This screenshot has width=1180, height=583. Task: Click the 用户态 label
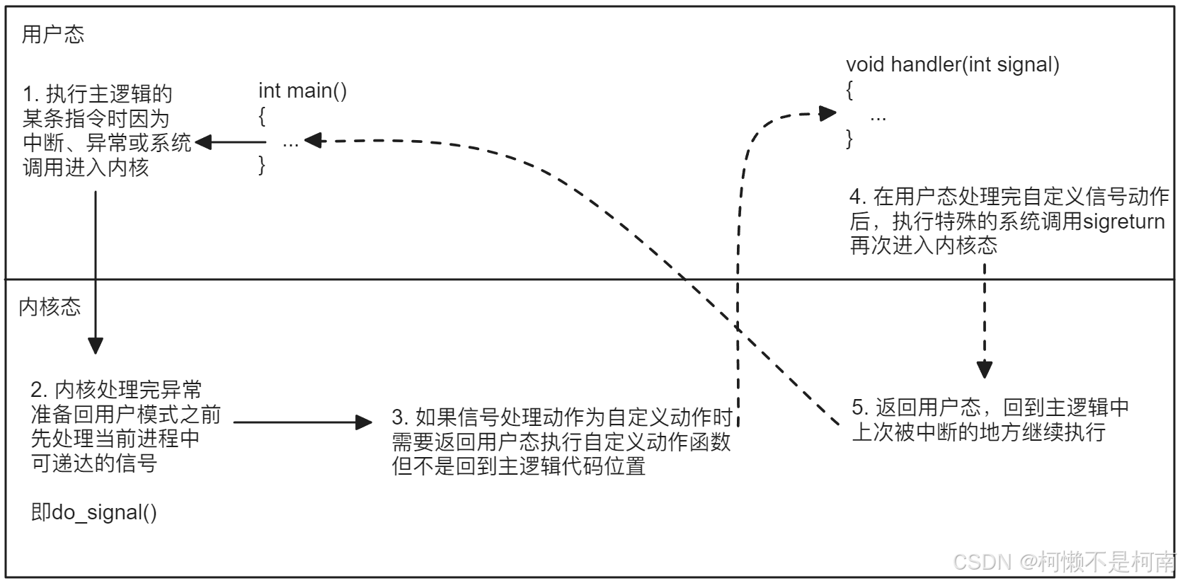click(x=53, y=35)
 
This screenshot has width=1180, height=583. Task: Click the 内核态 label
click(x=50, y=307)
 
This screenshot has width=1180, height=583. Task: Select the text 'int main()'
click(x=302, y=91)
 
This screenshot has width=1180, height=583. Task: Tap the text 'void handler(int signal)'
click(x=952, y=65)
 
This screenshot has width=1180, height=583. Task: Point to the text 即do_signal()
click(x=93, y=512)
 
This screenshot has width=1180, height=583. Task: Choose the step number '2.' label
click(x=40, y=390)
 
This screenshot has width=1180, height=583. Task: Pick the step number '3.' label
click(x=401, y=417)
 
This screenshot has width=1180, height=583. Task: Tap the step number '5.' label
click(x=860, y=408)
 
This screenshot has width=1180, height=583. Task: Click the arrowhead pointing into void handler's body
click(x=827, y=113)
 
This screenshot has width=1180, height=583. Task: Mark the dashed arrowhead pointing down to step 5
click(x=984, y=369)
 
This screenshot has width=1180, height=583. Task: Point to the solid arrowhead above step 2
click(x=96, y=345)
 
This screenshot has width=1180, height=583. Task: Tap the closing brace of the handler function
click(x=849, y=139)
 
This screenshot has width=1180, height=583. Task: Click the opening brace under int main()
click(x=262, y=116)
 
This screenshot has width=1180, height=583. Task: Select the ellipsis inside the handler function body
click(x=878, y=117)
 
